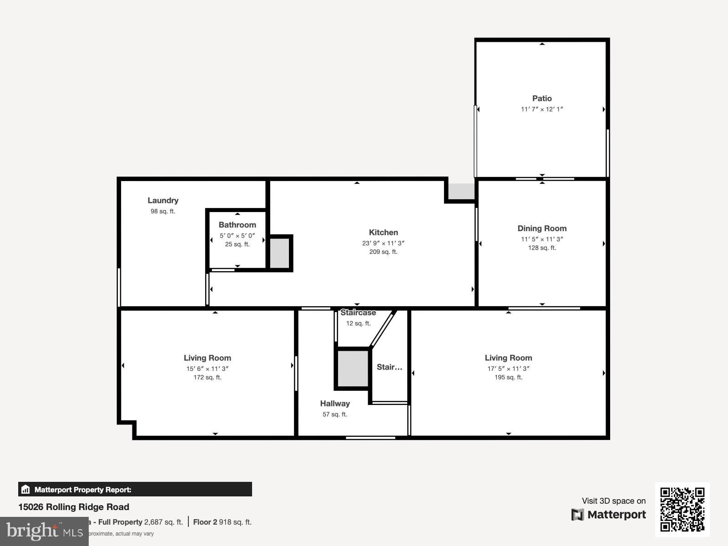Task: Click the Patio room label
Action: coord(542,98)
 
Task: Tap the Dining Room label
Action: coord(542,228)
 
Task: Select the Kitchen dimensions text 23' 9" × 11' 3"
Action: coord(383,243)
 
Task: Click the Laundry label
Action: coord(163,200)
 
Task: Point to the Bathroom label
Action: coord(237,225)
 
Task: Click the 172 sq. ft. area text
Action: coord(207,377)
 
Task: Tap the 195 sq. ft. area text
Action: coord(508,377)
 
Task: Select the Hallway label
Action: coord(335,404)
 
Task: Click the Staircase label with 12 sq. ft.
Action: coord(358,313)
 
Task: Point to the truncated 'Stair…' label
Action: coord(389,367)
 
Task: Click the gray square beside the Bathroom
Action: coord(280,253)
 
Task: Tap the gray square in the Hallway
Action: coord(353,369)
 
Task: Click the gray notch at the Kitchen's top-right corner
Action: coord(461,191)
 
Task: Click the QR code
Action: coord(682,509)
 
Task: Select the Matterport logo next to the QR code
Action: coord(609,515)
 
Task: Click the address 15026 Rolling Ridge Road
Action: coord(74,507)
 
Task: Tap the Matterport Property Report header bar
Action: coord(135,490)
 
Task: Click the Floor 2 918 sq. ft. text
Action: coord(222,522)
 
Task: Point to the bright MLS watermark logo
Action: coord(44,531)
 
